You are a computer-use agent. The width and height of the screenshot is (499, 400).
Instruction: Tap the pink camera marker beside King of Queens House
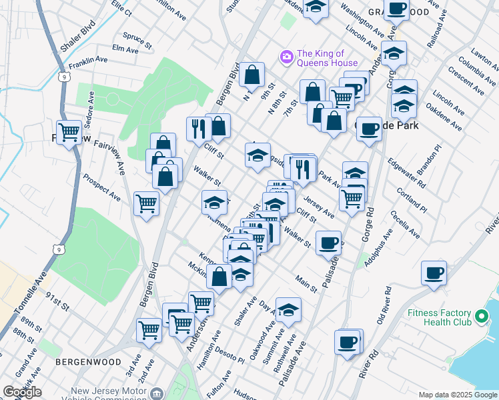[x=287, y=57]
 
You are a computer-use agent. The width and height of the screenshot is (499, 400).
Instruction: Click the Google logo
[x=22, y=392]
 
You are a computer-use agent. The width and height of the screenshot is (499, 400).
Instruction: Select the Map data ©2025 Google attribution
[x=458, y=395]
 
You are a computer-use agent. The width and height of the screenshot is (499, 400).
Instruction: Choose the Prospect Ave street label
[x=101, y=189]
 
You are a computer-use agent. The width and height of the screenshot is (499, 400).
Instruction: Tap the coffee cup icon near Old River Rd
[x=434, y=272]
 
